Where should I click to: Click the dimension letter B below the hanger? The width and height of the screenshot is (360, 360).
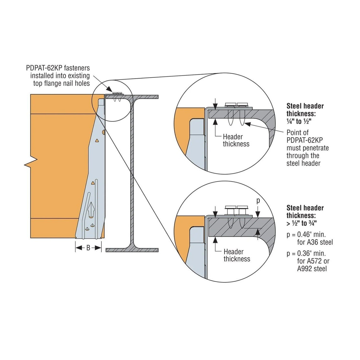(x=88, y=248)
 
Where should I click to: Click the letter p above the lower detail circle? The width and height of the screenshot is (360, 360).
(x=258, y=200)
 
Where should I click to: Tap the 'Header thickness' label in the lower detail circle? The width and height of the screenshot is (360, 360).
(x=237, y=255)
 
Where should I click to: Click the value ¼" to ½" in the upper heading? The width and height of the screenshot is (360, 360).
(x=299, y=121)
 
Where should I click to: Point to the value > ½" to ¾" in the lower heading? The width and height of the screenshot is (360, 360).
(x=302, y=224)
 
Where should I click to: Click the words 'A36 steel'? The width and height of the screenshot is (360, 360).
(x=315, y=242)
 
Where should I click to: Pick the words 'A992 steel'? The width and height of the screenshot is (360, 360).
(x=312, y=269)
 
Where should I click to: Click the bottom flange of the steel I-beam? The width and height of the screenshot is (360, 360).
(x=132, y=250)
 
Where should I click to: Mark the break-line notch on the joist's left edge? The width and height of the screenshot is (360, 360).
(x=31, y=162)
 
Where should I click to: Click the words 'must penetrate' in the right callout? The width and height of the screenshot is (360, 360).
(x=307, y=148)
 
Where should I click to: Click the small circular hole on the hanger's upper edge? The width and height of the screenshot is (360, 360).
(x=103, y=132)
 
